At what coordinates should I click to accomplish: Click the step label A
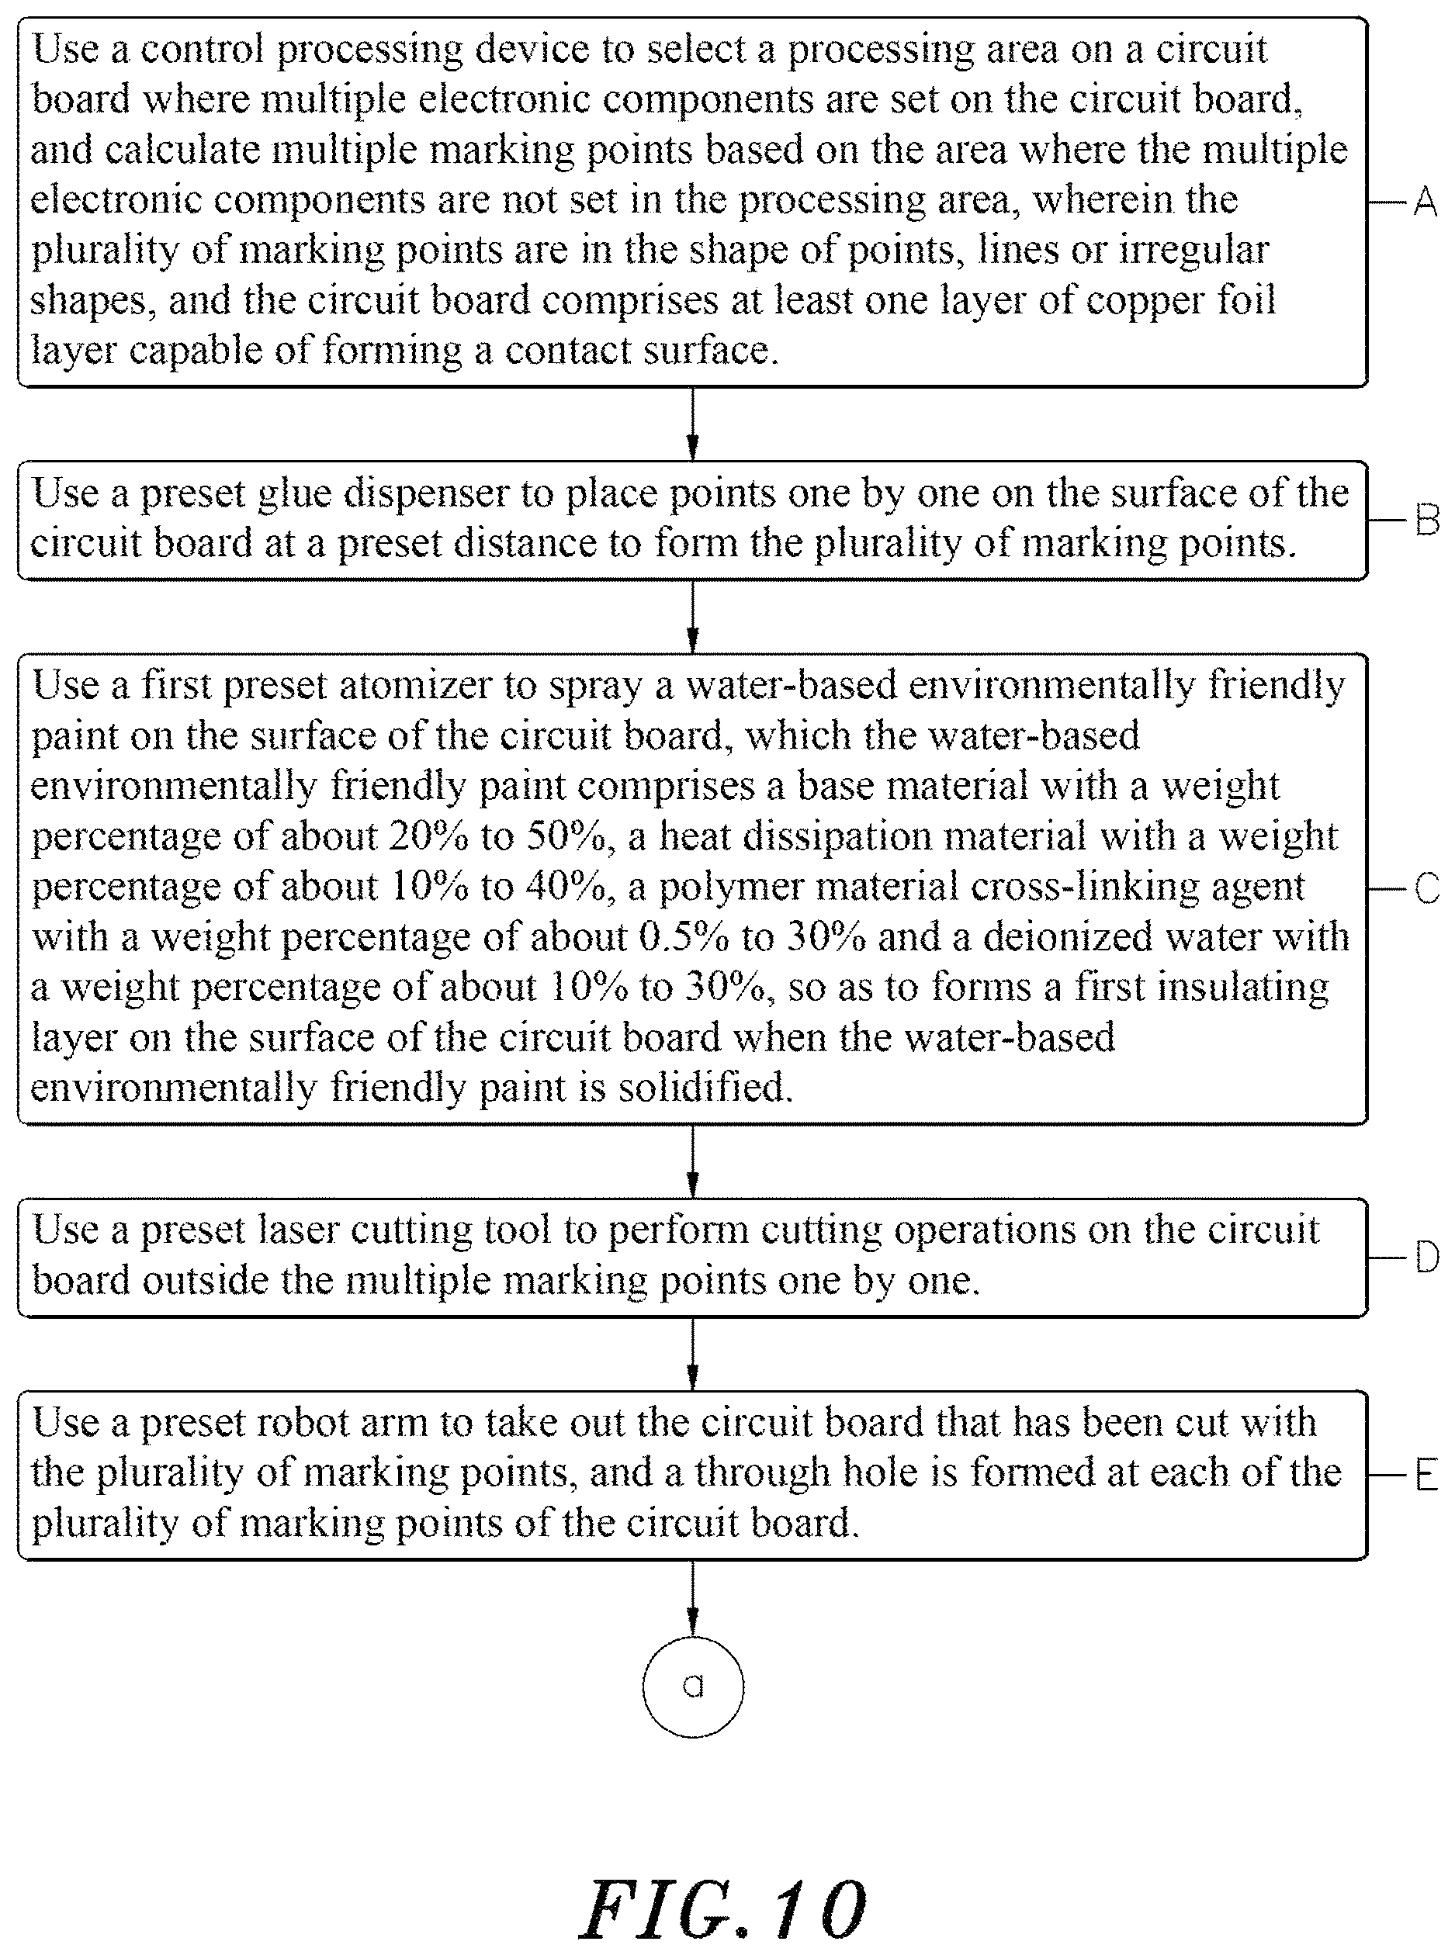pos(1425,202)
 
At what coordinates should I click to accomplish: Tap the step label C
pos(1427,888)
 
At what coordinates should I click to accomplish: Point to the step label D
pos(1427,1258)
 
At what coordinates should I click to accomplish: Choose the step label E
pos(1426,1475)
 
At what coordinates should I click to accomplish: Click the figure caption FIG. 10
pos(724,1910)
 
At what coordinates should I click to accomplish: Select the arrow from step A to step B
pos(693,424)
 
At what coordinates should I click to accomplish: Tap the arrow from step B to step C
pos(693,617)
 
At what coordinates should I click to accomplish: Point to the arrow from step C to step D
pos(693,1161)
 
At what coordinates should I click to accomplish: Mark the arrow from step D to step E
pos(693,1355)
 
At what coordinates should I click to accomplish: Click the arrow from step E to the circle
pos(693,1599)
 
